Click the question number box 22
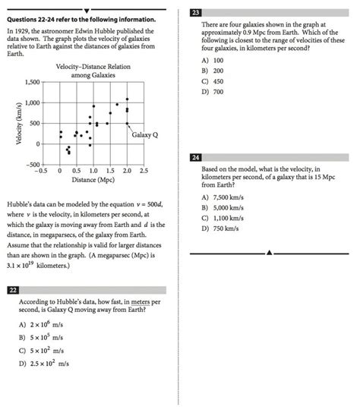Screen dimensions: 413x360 click(x=12, y=290)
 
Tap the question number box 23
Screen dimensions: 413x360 click(x=196, y=13)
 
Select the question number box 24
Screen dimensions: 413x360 click(x=196, y=157)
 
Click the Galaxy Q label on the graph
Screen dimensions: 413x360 click(x=144, y=134)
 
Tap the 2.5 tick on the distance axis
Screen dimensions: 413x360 click(x=143, y=172)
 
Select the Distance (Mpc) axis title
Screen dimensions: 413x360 click(x=93, y=180)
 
